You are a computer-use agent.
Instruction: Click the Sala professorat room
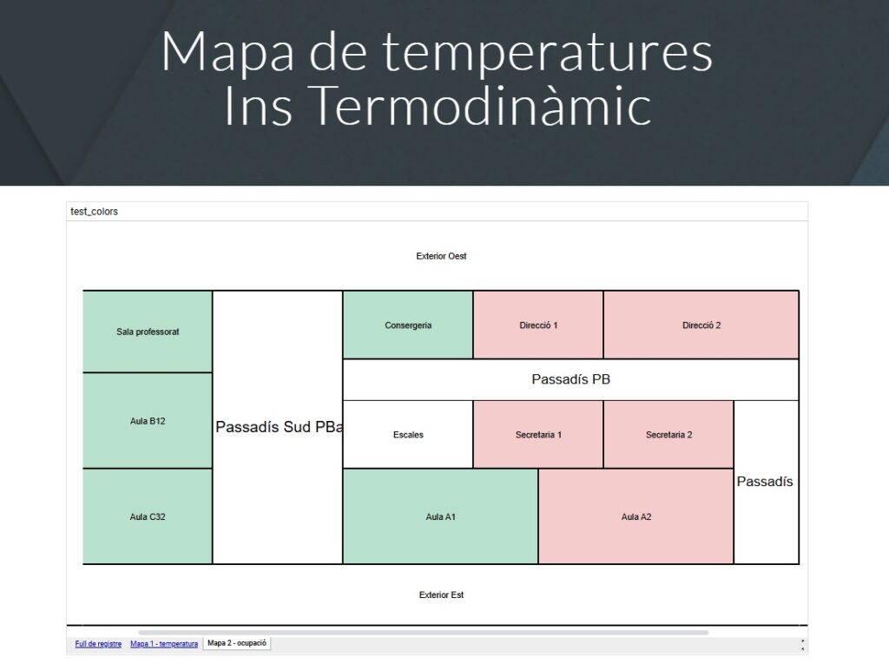click(148, 332)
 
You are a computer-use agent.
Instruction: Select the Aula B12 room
click(148, 421)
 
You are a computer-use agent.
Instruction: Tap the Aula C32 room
click(148, 516)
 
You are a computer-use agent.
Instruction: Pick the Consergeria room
click(408, 325)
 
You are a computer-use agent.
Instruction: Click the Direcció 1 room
click(538, 325)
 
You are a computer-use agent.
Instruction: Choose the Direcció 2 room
click(701, 325)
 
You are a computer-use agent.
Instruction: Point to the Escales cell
click(408, 435)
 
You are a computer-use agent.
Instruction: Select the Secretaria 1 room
click(538, 435)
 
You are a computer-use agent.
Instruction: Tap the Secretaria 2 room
click(668, 435)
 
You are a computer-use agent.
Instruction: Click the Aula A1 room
click(440, 516)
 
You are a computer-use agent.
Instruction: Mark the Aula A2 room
click(636, 516)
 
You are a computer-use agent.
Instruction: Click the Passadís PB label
click(571, 379)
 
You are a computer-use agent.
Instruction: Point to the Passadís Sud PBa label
click(279, 427)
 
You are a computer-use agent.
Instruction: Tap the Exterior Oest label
click(441, 256)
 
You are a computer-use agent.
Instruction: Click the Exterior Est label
click(441, 595)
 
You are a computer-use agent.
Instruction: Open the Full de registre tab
click(98, 643)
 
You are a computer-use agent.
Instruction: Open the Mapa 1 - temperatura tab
click(164, 643)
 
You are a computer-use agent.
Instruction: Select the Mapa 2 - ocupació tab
click(237, 643)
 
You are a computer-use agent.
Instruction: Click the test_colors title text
click(94, 212)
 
